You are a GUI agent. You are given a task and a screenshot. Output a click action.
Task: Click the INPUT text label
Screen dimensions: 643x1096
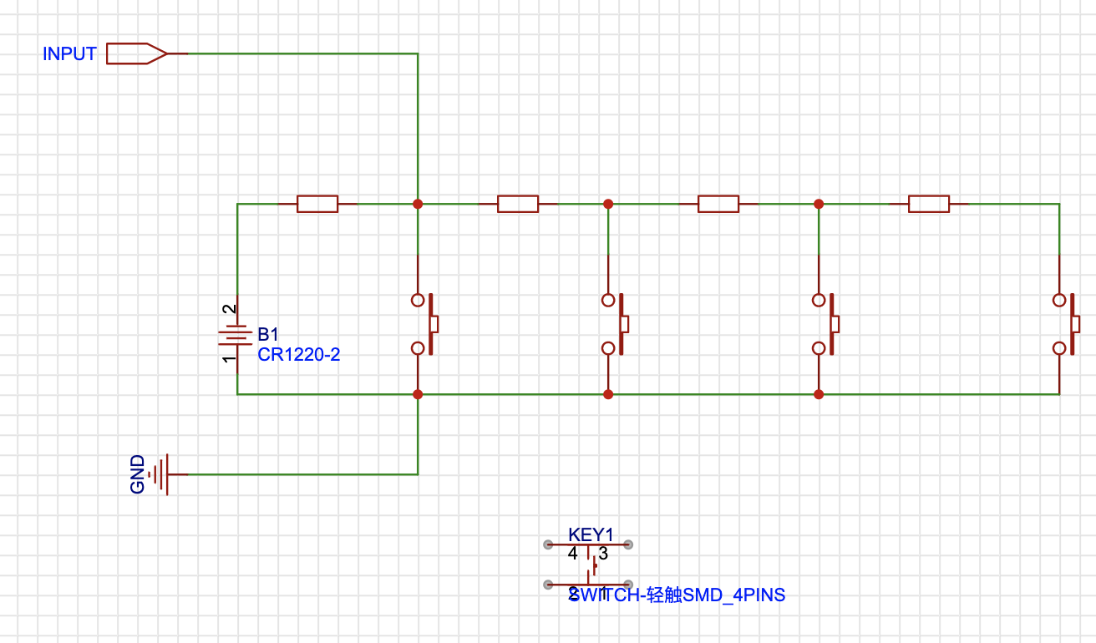click(x=69, y=54)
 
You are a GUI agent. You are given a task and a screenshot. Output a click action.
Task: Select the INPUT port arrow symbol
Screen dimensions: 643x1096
click(x=137, y=53)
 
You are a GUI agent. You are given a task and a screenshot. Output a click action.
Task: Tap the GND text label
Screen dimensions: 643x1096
click(x=138, y=474)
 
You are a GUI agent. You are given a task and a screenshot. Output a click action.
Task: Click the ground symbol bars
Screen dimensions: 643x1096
click(x=162, y=474)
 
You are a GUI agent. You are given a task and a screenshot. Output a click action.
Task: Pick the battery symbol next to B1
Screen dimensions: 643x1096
click(x=236, y=336)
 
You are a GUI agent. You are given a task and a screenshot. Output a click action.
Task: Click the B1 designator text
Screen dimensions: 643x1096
click(x=268, y=333)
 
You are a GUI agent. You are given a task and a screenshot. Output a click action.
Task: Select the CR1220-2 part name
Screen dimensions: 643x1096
click(x=298, y=355)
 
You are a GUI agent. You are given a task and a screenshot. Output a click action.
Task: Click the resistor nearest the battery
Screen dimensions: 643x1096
click(x=317, y=204)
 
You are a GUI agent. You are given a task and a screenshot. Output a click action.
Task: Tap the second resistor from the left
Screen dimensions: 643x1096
click(x=517, y=204)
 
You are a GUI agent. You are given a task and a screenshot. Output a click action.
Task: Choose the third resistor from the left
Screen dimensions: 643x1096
click(x=718, y=204)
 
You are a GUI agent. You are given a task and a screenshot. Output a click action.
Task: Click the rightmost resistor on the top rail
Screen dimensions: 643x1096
click(x=929, y=204)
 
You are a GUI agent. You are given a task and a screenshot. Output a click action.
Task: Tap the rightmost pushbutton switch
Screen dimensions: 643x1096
click(x=1066, y=324)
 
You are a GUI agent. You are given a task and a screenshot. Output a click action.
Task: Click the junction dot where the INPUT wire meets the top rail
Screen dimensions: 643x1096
click(x=418, y=204)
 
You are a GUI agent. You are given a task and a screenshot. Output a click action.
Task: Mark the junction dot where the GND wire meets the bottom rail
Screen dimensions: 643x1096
click(x=418, y=394)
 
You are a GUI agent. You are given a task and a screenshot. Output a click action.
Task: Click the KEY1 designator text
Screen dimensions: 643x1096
click(x=591, y=534)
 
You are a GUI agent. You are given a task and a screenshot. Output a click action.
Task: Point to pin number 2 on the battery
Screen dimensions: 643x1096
click(x=228, y=309)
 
